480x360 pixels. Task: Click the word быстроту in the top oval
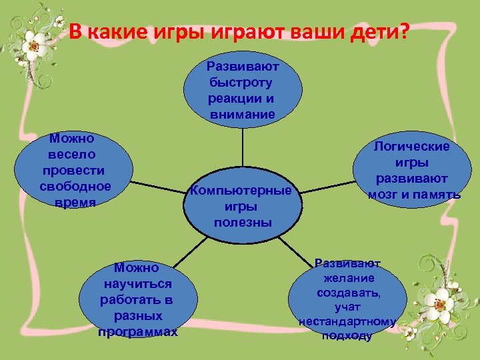coord(242,83)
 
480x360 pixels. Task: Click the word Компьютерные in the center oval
coord(241,191)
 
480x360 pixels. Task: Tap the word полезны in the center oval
coord(243,222)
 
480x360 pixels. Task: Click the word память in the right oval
coord(437,195)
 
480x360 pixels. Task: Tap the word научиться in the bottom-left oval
coord(137,284)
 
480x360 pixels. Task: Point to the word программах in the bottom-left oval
coord(137,331)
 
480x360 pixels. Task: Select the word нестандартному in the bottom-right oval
coord(347,321)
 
